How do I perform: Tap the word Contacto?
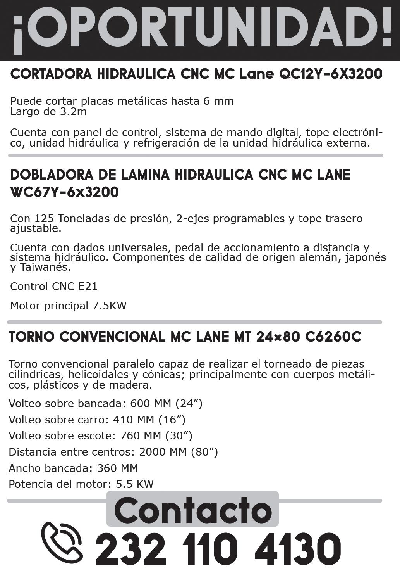[x=193, y=511]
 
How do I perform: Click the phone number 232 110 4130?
[x=218, y=549]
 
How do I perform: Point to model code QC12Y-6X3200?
[x=330, y=74]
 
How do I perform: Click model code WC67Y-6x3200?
[x=64, y=192]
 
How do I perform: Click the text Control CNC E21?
[x=54, y=287]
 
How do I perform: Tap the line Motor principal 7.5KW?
[x=68, y=306]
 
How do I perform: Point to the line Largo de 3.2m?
[x=48, y=112]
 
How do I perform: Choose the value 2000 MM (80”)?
[x=178, y=452]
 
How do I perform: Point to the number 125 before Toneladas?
[x=42, y=219]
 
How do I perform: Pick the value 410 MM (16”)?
[x=149, y=420]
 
